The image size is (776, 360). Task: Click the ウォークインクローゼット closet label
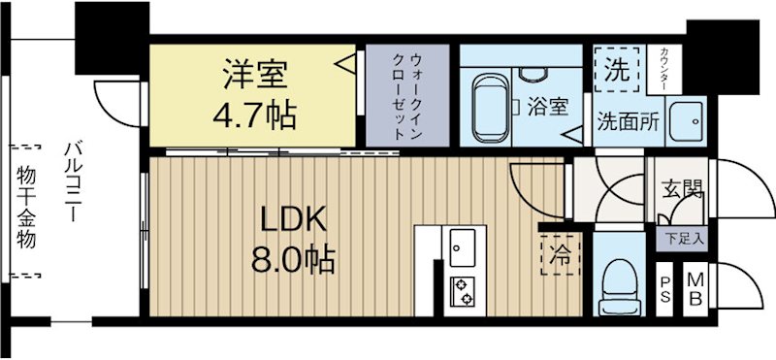click(x=406, y=95)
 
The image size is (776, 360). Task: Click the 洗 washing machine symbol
click(x=616, y=69)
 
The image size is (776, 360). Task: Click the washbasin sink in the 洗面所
click(x=690, y=121)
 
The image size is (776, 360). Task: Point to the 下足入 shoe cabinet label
click(x=684, y=237)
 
